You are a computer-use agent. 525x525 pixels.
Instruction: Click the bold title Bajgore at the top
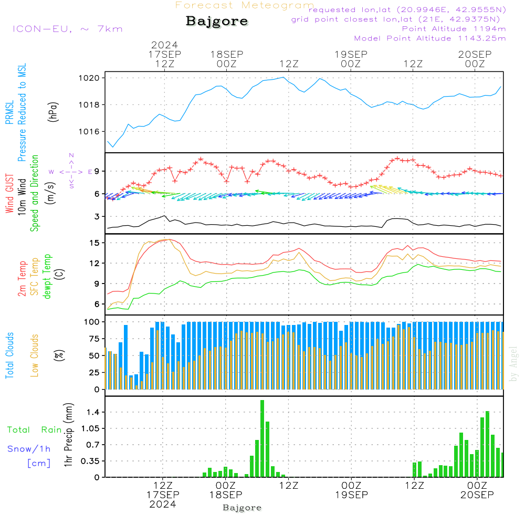(x=217, y=22)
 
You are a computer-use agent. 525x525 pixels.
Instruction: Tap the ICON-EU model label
(x=67, y=29)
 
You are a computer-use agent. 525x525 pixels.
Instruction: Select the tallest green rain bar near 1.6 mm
(x=262, y=438)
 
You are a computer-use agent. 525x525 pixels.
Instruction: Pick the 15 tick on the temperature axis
(x=95, y=243)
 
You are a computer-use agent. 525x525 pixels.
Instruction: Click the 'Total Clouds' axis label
(x=9, y=355)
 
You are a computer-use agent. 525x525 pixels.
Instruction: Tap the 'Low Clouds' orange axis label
(x=35, y=355)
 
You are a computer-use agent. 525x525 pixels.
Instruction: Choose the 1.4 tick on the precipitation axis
(x=92, y=413)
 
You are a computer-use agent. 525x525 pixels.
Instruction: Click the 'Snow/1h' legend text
(x=29, y=449)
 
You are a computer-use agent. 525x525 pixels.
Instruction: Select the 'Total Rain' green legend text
(x=35, y=430)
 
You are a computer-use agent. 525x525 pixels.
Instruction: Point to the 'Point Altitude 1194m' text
(x=454, y=29)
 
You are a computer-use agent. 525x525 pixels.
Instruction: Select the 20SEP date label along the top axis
(x=475, y=55)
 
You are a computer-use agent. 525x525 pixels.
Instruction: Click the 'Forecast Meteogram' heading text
(x=244, y=5)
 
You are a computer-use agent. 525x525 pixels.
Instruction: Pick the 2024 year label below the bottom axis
(x=163, y=504)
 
